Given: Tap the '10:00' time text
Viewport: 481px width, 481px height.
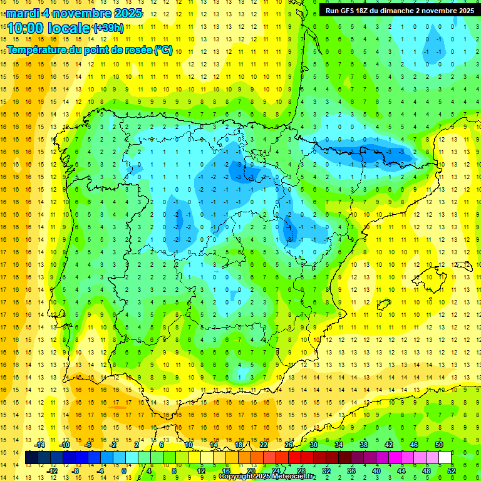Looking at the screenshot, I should [26, 28].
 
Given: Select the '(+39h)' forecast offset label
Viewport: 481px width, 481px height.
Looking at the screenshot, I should [108, 28].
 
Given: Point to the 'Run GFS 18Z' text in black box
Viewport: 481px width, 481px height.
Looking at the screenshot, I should [348, 10].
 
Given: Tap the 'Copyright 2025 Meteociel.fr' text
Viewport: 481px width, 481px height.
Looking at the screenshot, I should [266, 477].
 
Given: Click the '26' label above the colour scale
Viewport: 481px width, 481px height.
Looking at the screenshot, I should [288, 444].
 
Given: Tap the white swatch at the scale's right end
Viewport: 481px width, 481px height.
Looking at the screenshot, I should [445, 457].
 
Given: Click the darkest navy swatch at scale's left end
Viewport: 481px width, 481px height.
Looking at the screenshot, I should [31, 457].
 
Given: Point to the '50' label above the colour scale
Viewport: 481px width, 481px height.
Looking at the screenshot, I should [438, 444].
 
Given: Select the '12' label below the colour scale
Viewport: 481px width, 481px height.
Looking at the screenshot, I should [200, 470].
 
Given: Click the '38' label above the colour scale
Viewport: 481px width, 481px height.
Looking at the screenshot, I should [363, 444].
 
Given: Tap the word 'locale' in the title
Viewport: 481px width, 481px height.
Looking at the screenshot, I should [67, 28].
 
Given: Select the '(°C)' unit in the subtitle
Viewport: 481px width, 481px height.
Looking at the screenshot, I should [163, 49].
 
